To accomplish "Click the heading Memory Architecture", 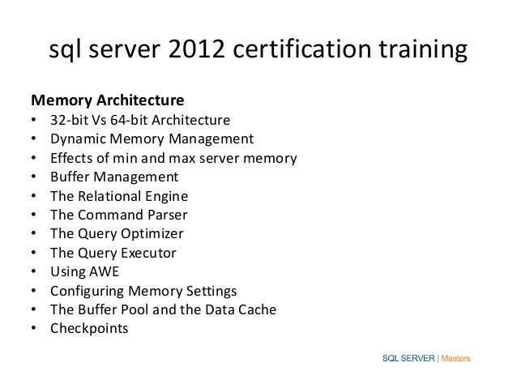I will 107,102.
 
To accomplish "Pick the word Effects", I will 72,158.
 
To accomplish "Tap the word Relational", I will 112,196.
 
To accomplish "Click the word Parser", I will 164,215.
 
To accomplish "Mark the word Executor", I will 150,253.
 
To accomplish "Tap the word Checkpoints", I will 88,329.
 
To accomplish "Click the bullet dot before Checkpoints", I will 33,329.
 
